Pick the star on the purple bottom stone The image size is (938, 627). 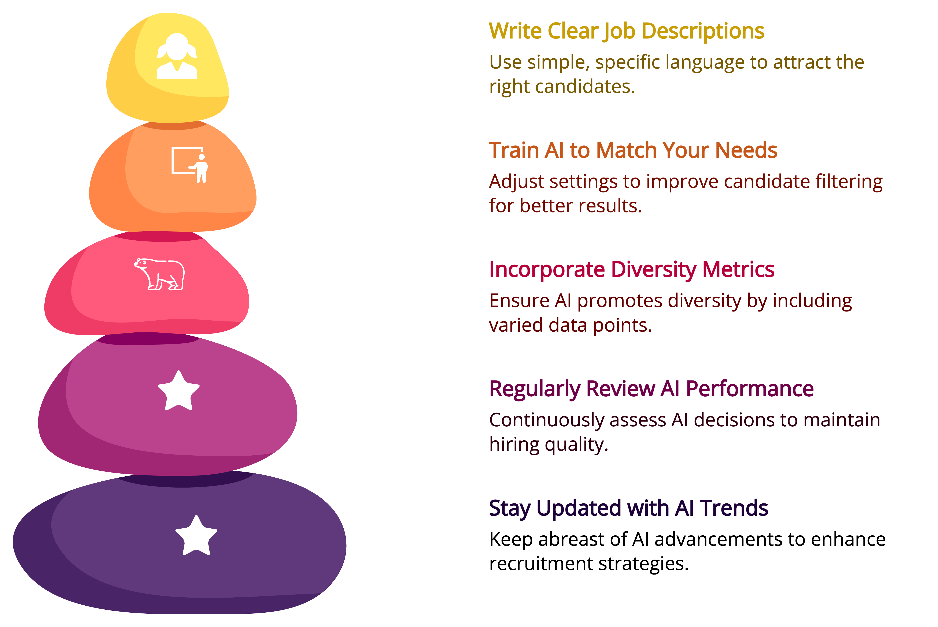(196, 536)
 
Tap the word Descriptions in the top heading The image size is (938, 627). (703, 31)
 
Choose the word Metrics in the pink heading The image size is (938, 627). (738, 270)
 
